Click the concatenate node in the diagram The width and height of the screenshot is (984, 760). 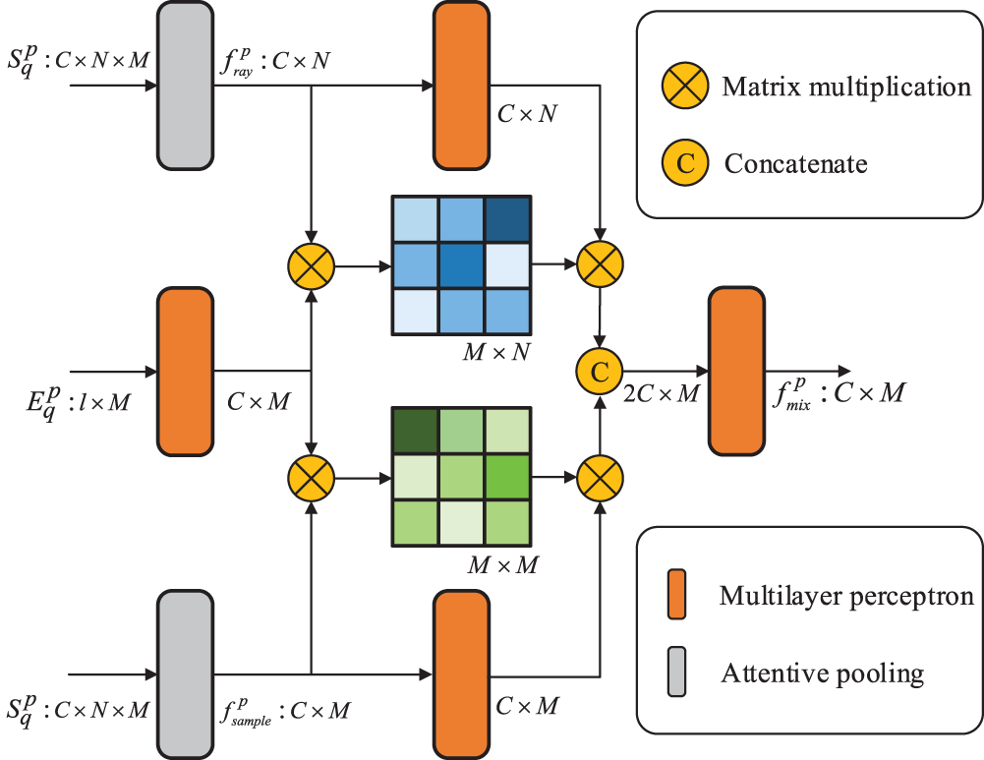600,372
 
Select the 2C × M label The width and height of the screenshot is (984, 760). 661,393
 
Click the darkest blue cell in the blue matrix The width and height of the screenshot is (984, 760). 508,219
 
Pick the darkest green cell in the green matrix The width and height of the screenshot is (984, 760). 415,431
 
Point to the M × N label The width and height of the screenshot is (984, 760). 496,352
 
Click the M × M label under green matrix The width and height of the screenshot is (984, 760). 502,565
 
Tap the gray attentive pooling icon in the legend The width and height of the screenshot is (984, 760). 676,672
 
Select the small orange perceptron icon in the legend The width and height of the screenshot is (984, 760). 676,594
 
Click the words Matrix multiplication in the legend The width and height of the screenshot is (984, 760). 846,87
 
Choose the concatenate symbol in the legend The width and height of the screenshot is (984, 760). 684,162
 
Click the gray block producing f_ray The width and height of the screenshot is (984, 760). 185,86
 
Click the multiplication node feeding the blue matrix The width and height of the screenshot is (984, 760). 312,266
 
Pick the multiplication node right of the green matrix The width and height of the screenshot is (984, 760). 600,478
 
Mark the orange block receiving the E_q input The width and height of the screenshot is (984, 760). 185,372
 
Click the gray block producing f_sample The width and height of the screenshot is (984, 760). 185,674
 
